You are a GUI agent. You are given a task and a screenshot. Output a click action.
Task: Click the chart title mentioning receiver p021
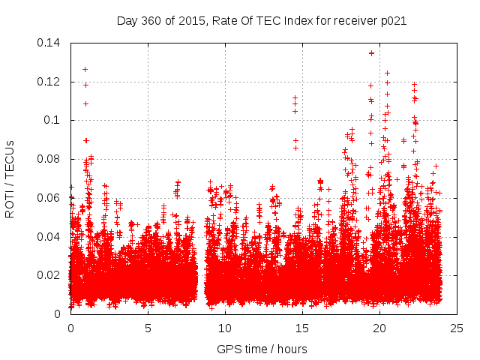262,21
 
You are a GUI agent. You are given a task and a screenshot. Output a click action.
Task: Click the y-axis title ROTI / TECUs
10,178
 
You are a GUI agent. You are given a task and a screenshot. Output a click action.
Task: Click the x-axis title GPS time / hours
262,349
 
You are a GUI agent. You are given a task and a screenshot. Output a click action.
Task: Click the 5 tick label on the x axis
148,328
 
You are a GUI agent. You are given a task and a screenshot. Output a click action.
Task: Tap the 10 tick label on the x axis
225,328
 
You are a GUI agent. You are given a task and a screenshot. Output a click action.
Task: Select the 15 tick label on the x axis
302,328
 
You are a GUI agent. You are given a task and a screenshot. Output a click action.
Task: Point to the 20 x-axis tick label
379,328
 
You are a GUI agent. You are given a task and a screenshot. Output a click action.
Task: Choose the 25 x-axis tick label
457,328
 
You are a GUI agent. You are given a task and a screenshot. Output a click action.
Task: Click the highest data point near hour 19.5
371,53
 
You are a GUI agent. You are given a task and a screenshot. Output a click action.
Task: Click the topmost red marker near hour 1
85,70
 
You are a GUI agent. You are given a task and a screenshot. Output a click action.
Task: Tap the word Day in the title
127,21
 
